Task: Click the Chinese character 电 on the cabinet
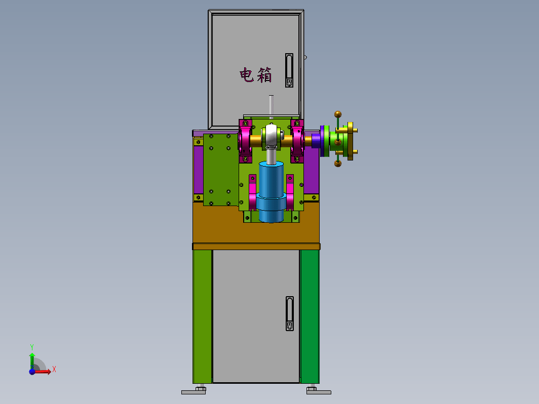point(247,75)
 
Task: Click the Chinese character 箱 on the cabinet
point(264,75)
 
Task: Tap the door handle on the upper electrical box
point(289,70)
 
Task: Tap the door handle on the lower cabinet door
point(290,314)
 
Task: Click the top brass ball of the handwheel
point(338,114)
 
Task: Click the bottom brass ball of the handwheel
point(338,164)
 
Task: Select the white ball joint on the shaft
point(272,136)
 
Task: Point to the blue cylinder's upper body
point(271,179)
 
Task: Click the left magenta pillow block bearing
point(245,141)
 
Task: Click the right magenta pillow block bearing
point(297,141)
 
